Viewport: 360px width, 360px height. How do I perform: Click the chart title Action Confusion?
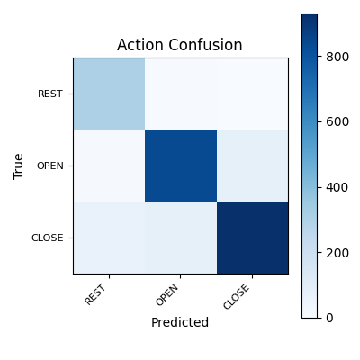pos(180,45)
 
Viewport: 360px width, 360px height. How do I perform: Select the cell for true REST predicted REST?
pos(109,94)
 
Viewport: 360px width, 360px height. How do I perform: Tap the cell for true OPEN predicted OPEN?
pos(181,166)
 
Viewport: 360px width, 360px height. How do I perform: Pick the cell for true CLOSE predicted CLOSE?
pos(252,238)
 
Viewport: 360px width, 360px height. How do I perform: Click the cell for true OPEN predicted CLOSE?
pos(252,166)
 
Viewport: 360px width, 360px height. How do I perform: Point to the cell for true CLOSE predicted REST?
pos(109,238)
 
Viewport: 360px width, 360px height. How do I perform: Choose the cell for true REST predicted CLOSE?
pos(252,94)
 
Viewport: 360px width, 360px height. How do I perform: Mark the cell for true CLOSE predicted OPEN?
pos(181,238)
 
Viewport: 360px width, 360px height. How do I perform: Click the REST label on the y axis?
pos(49,94)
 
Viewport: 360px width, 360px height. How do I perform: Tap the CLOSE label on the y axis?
pos(47,238)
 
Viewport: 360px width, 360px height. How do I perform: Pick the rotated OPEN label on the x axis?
pos(168,293)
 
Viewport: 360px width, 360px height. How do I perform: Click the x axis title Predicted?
pos(180,322)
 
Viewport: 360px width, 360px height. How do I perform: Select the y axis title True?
pos(19,166)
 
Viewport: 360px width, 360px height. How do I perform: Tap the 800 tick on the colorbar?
pos(336,57)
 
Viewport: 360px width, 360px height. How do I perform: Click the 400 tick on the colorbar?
pos(336,187)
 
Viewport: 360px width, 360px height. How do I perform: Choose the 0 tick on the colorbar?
pos(329,317)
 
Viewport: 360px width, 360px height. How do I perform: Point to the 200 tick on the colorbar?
pos(336,252)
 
